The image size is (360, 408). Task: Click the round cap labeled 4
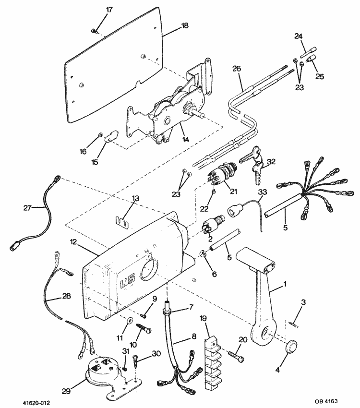point(291,347)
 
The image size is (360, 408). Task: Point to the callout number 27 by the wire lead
point(27,208)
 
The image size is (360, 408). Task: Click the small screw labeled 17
point(94,31)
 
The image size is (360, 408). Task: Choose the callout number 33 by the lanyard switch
point(262,193)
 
